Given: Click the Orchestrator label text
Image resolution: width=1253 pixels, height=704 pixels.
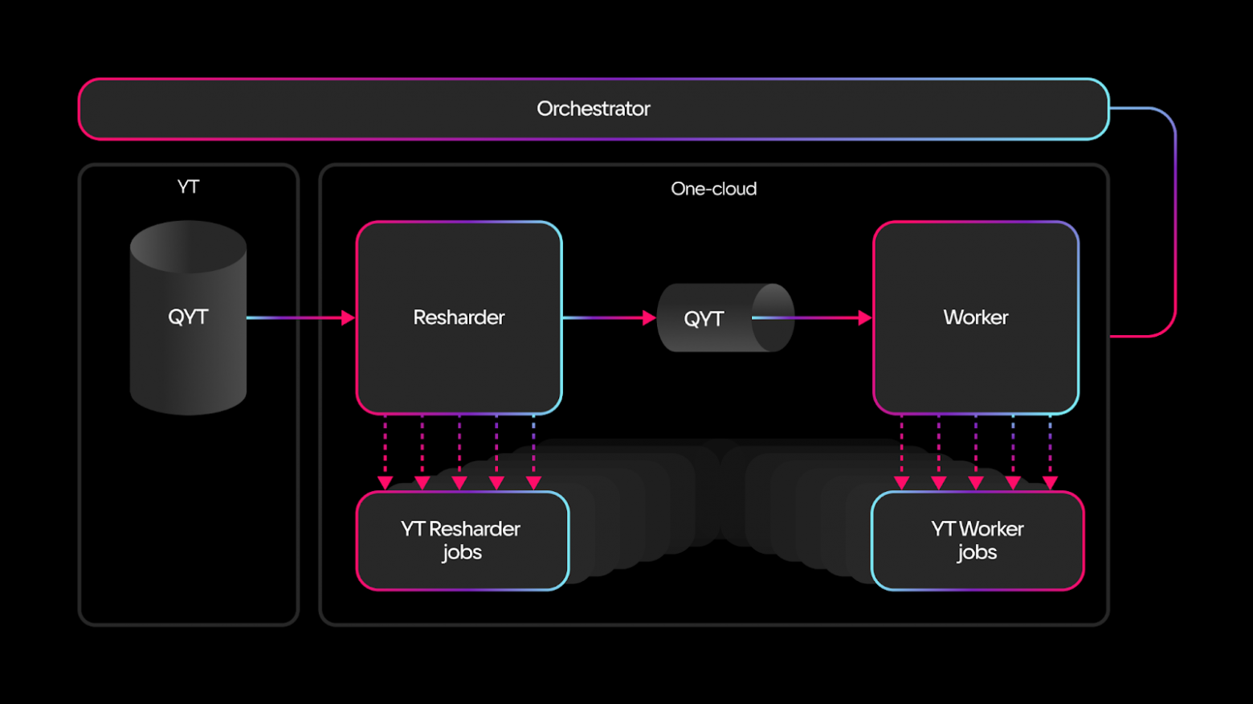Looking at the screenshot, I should coord(593,108).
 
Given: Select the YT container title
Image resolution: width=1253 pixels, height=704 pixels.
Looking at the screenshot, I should coord(188,186).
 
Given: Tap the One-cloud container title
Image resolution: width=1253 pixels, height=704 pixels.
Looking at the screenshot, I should coord(713,189).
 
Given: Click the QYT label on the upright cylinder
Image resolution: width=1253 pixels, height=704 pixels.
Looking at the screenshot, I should coord(188,317).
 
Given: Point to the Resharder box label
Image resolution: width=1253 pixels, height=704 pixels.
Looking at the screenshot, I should coord(459,317).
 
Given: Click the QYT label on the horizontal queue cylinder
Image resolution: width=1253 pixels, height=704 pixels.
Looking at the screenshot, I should coord(704,319).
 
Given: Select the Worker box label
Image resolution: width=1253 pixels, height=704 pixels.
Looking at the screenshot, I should coord(975,317).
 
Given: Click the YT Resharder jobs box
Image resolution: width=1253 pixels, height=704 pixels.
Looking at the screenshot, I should coord(462,540).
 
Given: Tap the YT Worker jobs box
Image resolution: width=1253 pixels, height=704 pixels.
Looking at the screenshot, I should coord(977,540).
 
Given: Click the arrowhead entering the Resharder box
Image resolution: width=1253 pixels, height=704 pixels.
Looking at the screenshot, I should coord(348,318).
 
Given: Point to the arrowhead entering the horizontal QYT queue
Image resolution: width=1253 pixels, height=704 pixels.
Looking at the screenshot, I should coord(649,318).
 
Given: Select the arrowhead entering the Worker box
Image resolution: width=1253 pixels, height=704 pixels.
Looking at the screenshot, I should coord(864,318).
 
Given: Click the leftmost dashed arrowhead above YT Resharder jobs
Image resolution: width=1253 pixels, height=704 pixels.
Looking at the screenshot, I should coord(385,482).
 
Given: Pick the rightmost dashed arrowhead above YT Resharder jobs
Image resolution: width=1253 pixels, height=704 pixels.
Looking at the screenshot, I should coord(533,482).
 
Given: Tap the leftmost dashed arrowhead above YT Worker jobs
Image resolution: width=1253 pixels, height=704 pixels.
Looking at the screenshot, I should coord(901,482).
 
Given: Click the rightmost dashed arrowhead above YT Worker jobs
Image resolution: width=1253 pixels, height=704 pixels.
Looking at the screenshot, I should coord(1050,482).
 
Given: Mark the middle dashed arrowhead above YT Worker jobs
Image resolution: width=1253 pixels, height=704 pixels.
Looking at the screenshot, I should coord(976,482).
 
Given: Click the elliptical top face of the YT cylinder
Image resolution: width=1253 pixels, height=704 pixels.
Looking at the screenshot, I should coord(188,246).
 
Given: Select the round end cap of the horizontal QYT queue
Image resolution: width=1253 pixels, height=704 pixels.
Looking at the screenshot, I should coord(773,317).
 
